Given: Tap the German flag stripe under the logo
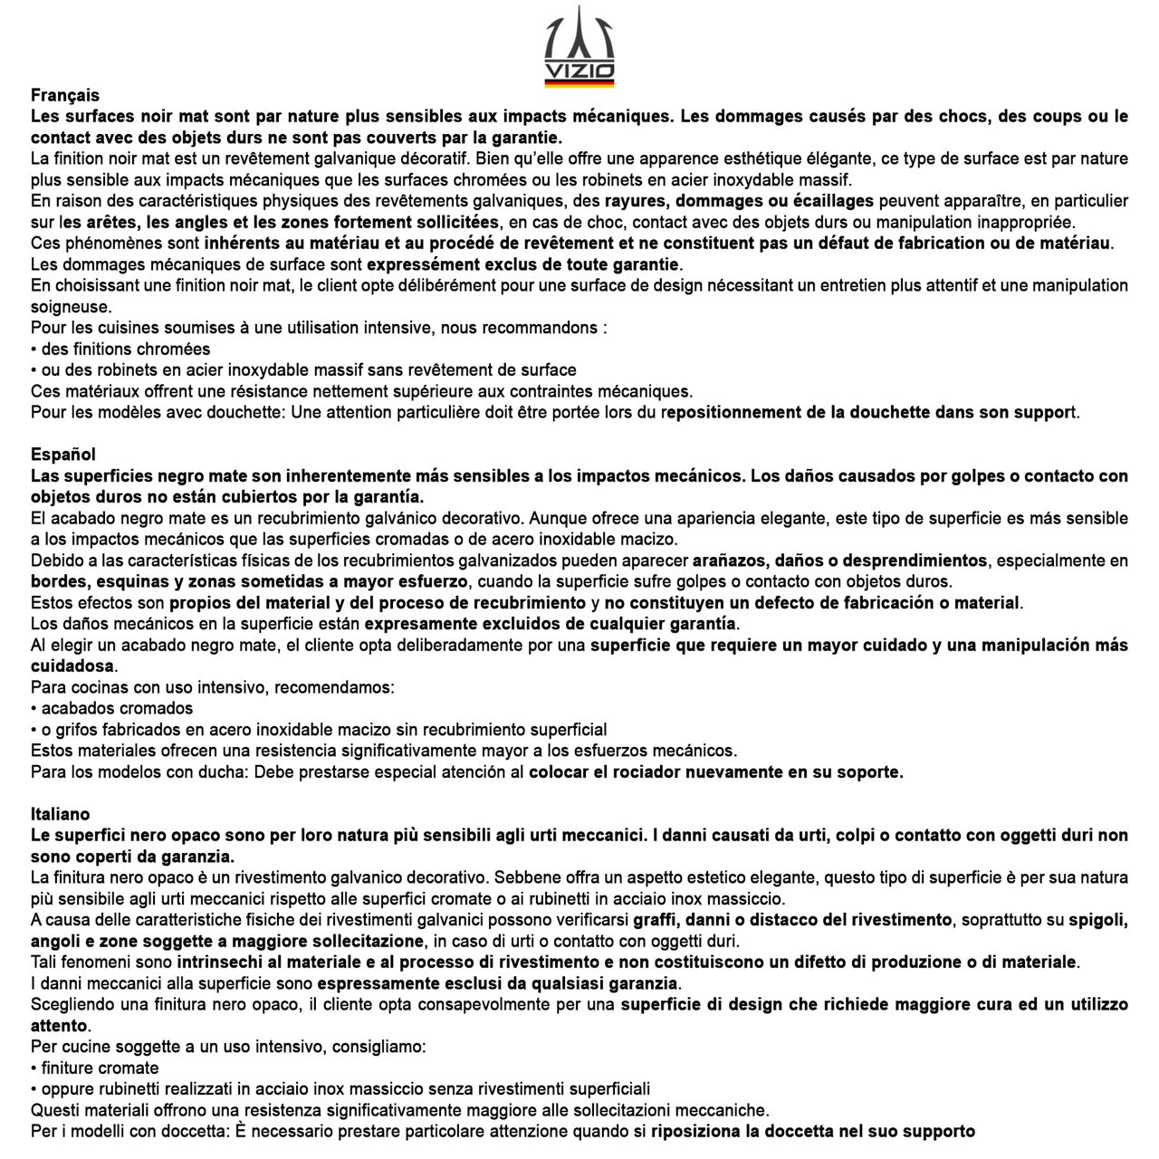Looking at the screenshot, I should [x=579, y=83].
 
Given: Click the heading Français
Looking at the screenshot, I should [x=65, y=95].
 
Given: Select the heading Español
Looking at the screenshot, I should [x=63, y=455].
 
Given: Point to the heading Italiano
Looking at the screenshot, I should [x=61, y=814].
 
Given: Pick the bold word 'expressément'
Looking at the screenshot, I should [x=422, y=264].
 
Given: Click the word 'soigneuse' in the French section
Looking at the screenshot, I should [x=71, y=307].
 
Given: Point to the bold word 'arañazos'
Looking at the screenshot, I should [x=730, y=560].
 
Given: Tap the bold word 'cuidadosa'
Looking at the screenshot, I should [x=72, y=666].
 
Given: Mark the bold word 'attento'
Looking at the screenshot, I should [x=59, y=1026].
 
